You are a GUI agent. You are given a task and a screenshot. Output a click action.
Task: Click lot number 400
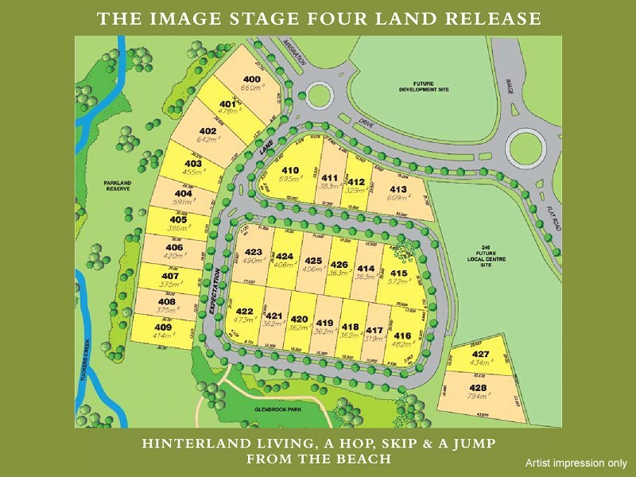click(252, 79)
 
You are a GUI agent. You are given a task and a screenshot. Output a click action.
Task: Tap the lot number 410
click(289, 170)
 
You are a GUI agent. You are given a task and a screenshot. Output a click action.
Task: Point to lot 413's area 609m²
click(398, 198)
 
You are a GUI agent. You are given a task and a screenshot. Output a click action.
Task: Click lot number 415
click(398, 273)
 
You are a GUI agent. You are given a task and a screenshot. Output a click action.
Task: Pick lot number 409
click(162, 328)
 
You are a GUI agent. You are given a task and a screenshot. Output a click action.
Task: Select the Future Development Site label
click(424, 87)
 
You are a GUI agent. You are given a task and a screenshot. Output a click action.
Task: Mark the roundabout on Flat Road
click(526, 146)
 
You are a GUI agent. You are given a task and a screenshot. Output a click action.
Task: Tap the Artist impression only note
click(576, 463)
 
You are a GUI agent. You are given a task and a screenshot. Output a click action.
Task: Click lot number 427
click(480, 354)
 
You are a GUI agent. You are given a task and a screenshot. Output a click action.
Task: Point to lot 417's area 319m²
click(374, 338)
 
